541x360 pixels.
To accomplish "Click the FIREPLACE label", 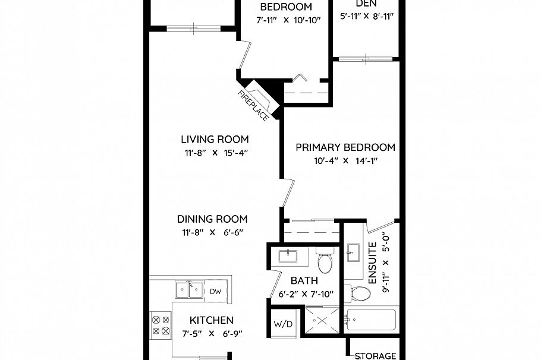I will click(253, 105).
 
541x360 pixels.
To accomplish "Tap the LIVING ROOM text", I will click(215, 140).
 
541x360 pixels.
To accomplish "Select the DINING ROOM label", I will click(212, 219).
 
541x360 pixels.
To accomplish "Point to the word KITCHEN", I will click(207, 320).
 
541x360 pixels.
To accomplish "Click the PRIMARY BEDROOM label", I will click(345, 147).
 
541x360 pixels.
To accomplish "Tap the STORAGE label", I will click(375, 356).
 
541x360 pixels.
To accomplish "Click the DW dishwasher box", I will click(216, 291).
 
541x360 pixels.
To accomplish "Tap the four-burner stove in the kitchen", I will click(161, 324).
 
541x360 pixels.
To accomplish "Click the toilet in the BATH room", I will click(325, 260).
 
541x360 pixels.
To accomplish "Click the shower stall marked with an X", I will click(321, 322).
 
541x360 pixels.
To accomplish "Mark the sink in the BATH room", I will click(288, 256).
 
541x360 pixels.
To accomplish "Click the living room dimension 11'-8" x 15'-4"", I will click(215, 152).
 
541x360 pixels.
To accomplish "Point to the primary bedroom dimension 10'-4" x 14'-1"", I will click(345, 160).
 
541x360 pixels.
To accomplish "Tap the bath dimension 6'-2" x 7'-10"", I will click(306, 293).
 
